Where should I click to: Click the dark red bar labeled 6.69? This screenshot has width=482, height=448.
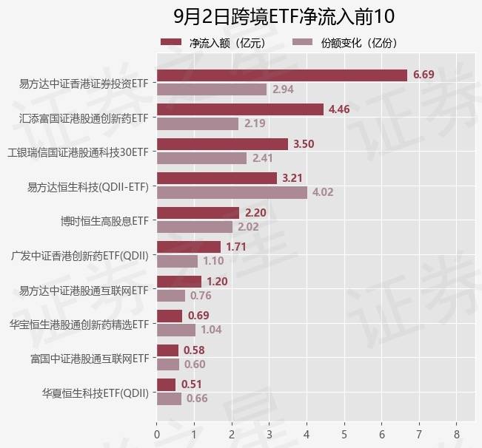[x=282, y=75]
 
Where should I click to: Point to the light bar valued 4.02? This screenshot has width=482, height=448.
[x=232, y=192]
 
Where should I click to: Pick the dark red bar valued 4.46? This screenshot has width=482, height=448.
[x=240, y=109]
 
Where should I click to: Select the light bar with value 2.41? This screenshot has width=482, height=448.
[x=201, y=157]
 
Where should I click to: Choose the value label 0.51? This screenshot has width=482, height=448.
[x=191, y=384]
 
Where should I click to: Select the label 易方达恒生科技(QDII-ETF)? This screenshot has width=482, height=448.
[x=88, y=186]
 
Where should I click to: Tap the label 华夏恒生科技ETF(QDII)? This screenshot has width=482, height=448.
[x=96, y=393]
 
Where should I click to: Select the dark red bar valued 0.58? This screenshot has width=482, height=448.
[x=168, y=350]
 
